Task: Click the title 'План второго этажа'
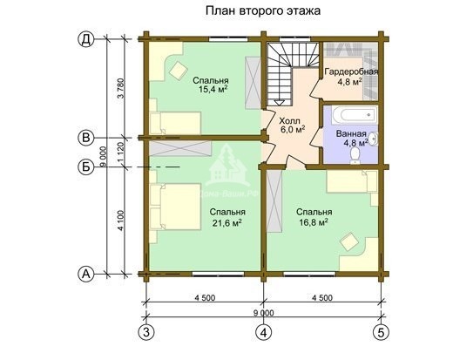262,11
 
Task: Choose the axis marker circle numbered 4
263,332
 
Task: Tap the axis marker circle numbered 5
381,332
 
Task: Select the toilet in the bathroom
356,153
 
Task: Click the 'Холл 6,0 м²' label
292,125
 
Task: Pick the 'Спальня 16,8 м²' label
312,216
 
